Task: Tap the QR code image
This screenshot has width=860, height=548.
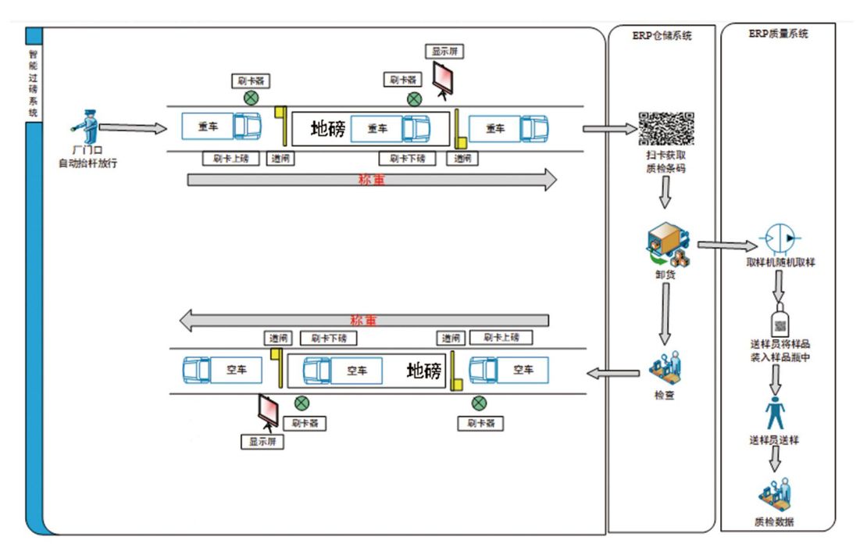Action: (x=666, y=129)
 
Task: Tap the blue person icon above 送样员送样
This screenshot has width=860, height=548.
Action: (x=776, y=414)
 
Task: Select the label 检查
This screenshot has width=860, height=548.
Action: (x=665, y=395)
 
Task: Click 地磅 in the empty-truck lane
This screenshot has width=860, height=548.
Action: (x=424, y=370)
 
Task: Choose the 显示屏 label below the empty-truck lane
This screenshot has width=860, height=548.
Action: (x=262, y=442)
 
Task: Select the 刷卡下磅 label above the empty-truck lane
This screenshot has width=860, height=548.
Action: (x=328, y=338)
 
